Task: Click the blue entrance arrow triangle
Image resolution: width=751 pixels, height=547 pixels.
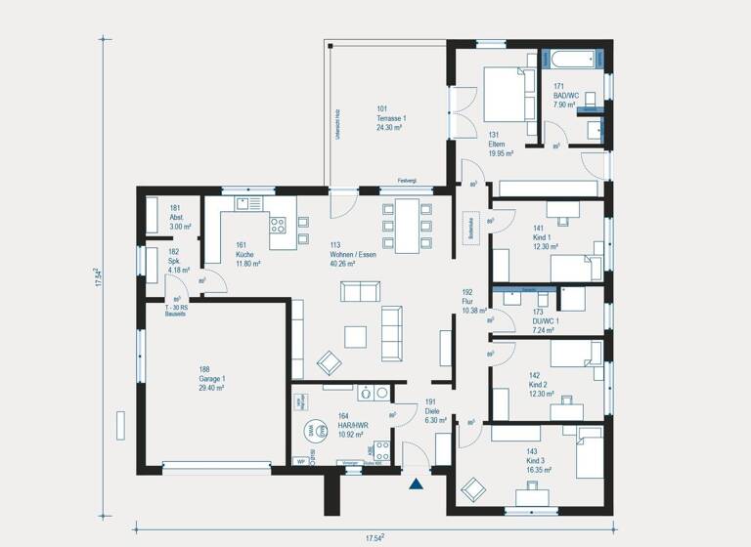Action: coord(418,482)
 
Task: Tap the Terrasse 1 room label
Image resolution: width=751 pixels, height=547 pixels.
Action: coord(391,117)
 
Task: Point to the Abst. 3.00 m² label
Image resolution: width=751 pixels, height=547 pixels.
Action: coord(180,217)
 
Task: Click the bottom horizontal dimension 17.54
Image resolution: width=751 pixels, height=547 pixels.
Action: coord(375,537)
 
